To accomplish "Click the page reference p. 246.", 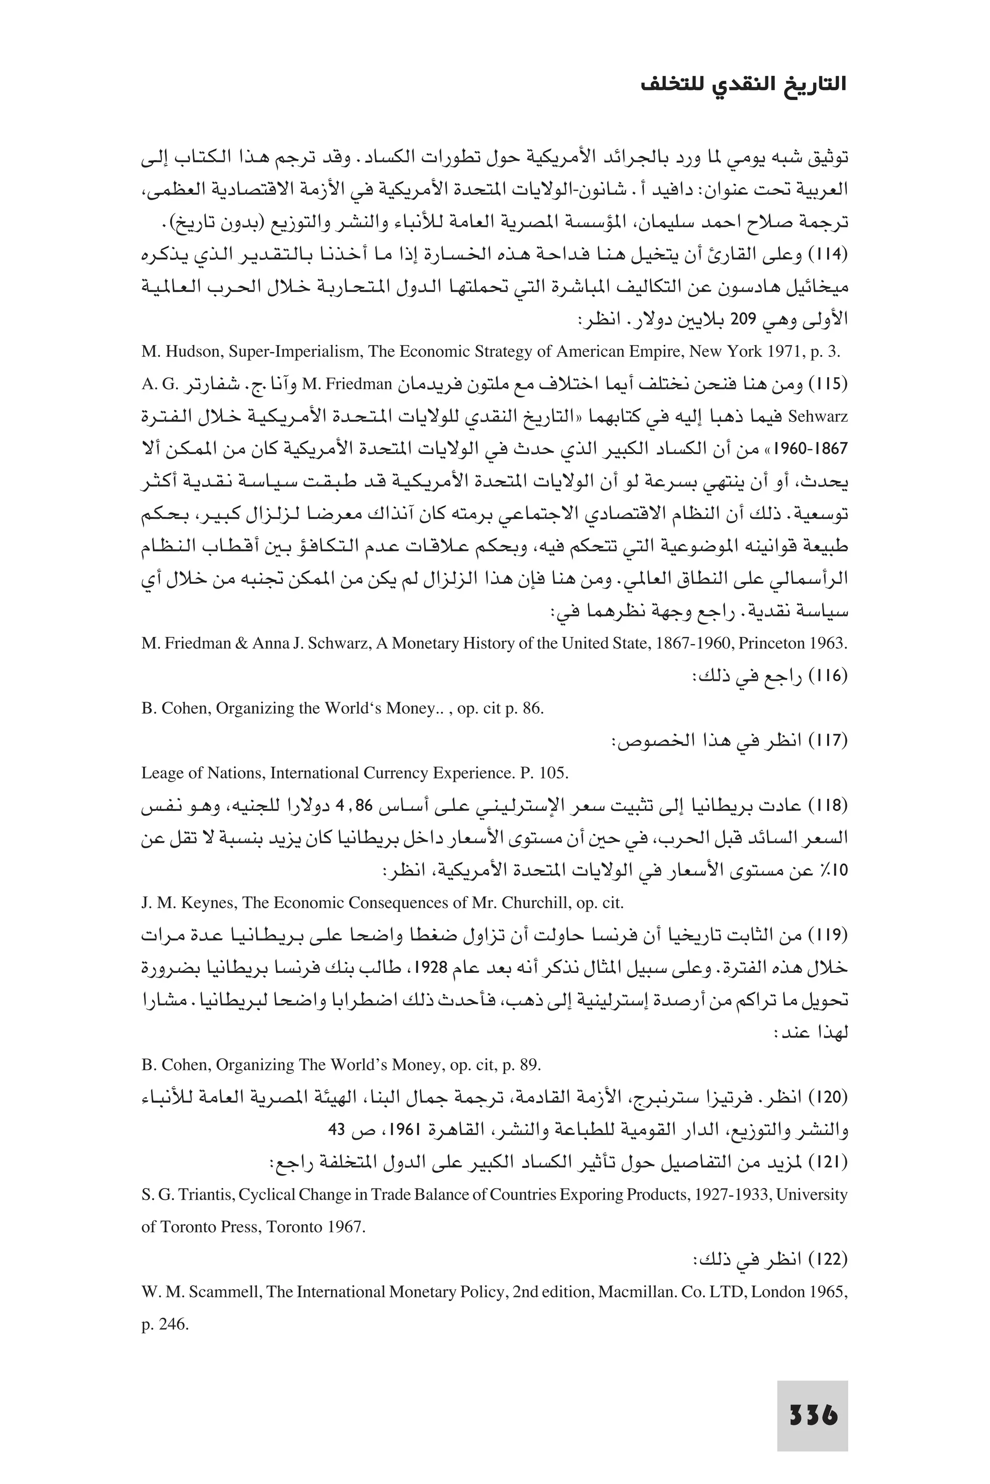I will [165, 1324].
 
